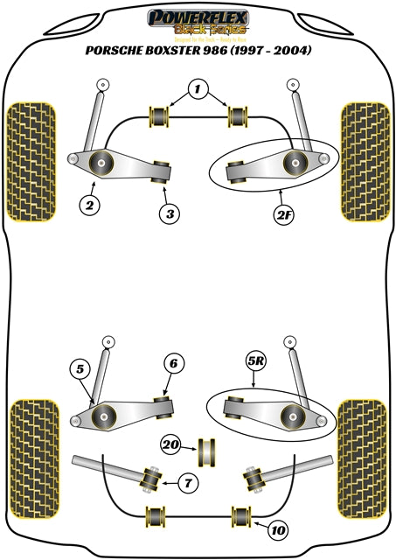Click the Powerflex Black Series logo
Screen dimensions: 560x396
[x=198, y=20]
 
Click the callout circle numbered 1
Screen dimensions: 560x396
[x=198, y=89]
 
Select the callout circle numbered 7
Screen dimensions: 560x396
[x=188, y=482]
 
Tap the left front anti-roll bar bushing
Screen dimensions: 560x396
[x=160, y=115]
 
